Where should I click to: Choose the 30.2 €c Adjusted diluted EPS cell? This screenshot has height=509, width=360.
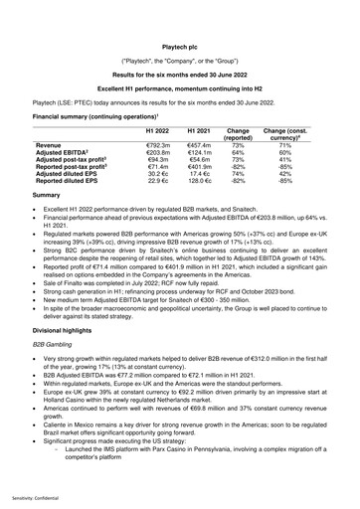point(158,174)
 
